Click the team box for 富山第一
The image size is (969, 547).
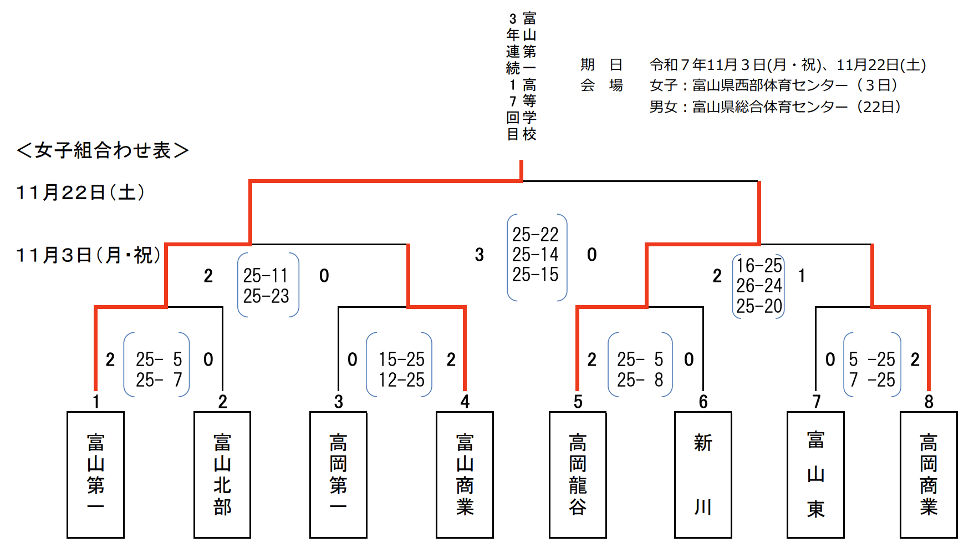pyautogui.click(x=95, y=474)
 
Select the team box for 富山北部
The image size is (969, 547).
pyautogui.click(x=222, y=474)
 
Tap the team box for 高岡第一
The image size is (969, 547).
pyautogui.click(x=338, y=474)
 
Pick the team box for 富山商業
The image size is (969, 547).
pyautogui.click(x=465, y=474)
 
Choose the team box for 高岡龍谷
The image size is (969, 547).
pyautogui.click(x=578, y=474)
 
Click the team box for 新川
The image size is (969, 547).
pyautogui.click(x=703, y=474)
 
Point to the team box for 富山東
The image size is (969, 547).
pyautogui.click(x=815, y=474)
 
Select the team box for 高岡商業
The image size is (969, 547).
pyautogui.click(x=929, y=474)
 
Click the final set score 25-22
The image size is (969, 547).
pyautogui.click(x=535, y=235)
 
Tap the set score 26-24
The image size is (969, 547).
pyautogui.click(x=759, y=286)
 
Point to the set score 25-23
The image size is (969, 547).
pyautogui.click(x=266, y=296)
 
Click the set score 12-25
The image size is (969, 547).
pyautogui.click(x=401, y=380)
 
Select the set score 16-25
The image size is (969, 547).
pyautogui.click(x=759, y=266)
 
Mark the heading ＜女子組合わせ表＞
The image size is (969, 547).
pyautogui.click(x=103, y=150)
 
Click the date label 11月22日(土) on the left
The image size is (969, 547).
pyautogui.click(x=80, y=193)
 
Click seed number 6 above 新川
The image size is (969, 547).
pyautogui.click(x=703, y=402)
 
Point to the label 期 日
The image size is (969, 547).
pyautogui.click(x=601, y=65)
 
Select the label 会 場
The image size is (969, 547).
pyautogui.click(x=601, y=85)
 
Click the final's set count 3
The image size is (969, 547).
pyautogui.click(x=480, y=255)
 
